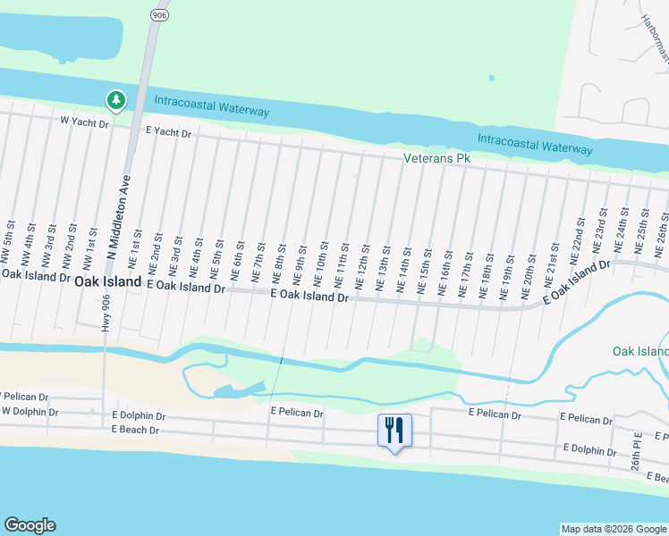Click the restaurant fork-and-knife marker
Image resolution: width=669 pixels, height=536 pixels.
pyautogui.click(x=394, y=431)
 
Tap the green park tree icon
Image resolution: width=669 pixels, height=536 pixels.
pyautogui.click(x=115, y=100)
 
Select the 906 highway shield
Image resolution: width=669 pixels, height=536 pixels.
pyautogui.click(x=159, y=15)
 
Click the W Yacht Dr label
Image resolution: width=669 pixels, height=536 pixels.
pyautogui.click(x=84, y=121)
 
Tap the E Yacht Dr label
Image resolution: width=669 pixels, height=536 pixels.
pyautogui.click(x=168, y=133)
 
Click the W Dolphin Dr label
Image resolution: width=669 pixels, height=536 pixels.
pyautogui.click(x=30, y=412)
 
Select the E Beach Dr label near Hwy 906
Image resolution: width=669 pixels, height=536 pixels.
pyautogui.click(x=135, y=430)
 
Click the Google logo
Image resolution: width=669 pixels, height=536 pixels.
pyautogui.click(x=30, y=525)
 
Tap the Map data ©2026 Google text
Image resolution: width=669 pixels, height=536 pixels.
pyautogui.click(x=614, y=529)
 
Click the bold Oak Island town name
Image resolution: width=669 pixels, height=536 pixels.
pyautogui.click(x=107, y=281)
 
